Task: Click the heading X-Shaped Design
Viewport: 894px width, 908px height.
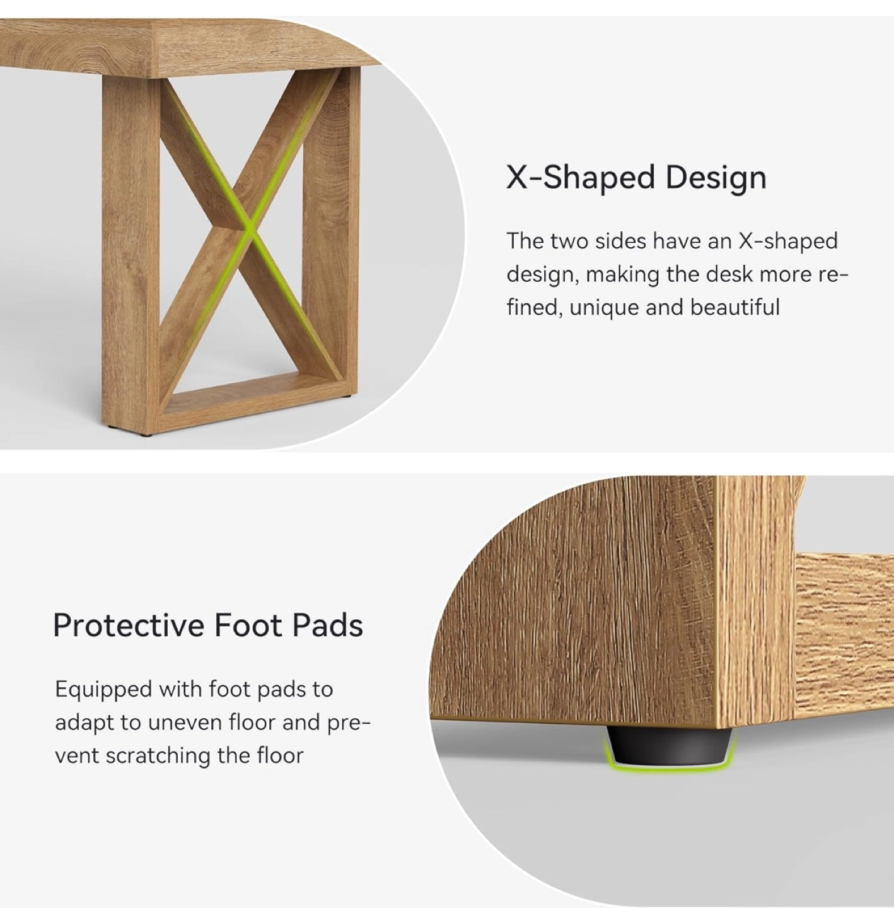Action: coord(636,178)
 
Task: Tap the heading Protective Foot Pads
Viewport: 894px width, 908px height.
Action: coord(208,626)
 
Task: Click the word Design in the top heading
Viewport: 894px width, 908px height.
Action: coord(716,178)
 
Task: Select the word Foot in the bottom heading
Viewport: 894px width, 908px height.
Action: coord(248,626)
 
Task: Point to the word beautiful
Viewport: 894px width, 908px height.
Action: coord(735,307)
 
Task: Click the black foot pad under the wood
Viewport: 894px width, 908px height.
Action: coord(669,745)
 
